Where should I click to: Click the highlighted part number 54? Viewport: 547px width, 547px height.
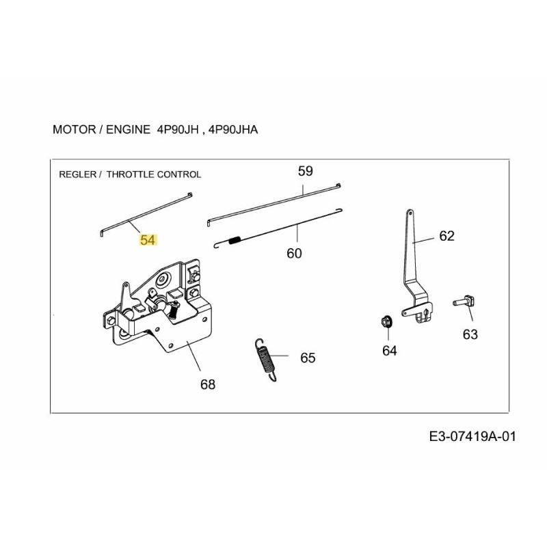pyautogui.click(x=148, y=240)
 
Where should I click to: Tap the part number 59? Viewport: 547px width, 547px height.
pyautogui.click(x=305, y=171)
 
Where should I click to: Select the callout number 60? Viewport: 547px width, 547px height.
pyautogui.click(x=293, y=253)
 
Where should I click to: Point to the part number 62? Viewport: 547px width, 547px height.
pyautogui.click(x=446, y=236)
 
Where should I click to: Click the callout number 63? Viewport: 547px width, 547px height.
pyautogui.click(x=470, y=334)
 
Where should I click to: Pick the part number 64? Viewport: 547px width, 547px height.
pyautogui.click(x=389, y=351)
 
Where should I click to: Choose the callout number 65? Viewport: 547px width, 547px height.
pyautogui.click(x=308, y=358)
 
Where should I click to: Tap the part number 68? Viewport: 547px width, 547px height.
pyautogui.click(x=208, y=384)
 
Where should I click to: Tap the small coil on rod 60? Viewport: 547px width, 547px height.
pyautogui.click(x=234, y=240)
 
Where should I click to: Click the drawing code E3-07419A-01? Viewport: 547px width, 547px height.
pyautogui.click(x=470, y=437)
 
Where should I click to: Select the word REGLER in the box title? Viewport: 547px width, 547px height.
pyautogui.click(x=79, y=174)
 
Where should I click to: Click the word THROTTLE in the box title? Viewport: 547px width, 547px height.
pyautogui.click(x=134, y=174)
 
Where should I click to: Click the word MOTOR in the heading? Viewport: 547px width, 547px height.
pyautogui.click(x=70, y=129)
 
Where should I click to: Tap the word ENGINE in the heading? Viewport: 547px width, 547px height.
pyautogui.click(x=125, y=129)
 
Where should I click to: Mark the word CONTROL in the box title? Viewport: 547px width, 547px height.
pyautogui.click(x=181, y=174)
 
